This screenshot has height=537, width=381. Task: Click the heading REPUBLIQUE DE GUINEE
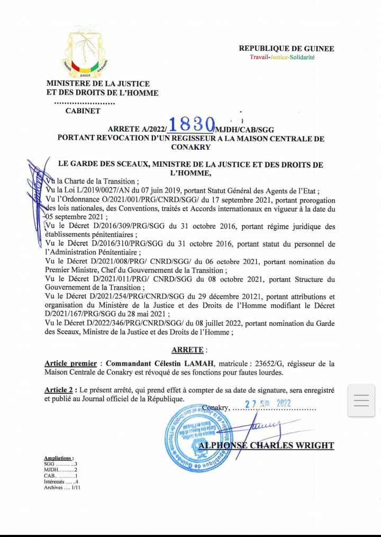286,49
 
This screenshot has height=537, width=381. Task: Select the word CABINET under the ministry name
83,111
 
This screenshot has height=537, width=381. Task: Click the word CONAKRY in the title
190,147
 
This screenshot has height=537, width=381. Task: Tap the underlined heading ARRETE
188,350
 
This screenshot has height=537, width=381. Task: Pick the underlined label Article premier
70,363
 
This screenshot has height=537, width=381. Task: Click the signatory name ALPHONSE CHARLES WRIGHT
266,445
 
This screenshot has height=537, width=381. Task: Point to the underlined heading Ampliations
59,458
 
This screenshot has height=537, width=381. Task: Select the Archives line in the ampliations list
62,487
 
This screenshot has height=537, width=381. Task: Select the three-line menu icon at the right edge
361,401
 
